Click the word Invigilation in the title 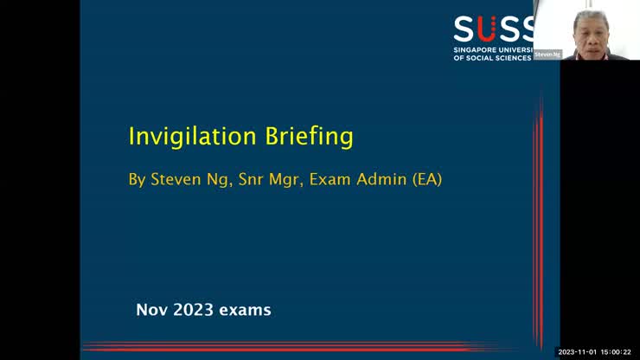click(191, 137)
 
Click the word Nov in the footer click(151, 310)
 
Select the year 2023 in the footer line click(195, 310)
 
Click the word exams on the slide click(247, 310)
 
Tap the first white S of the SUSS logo click(465, 29)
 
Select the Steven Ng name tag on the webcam click(547, 54)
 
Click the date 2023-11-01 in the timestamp click(577, 352)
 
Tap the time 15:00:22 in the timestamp click(618, 352)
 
